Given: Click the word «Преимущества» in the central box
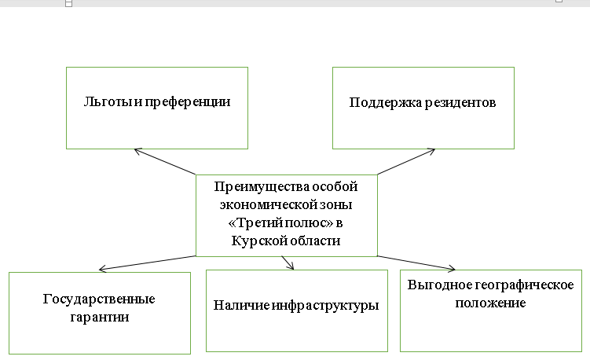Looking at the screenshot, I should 251,186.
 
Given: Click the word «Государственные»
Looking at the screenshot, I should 99,299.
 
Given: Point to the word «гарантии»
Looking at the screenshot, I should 99,318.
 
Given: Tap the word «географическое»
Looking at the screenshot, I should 522,285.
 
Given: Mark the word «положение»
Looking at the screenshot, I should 491,302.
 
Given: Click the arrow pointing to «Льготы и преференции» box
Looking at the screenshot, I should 165,161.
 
